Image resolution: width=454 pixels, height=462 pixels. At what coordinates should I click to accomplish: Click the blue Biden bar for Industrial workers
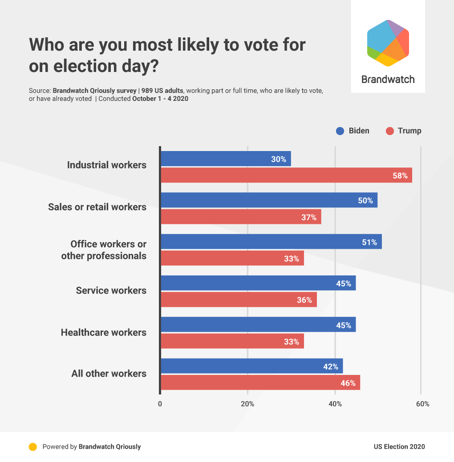tap(226, 159)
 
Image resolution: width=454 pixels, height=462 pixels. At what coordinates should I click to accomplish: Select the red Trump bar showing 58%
tap(286, 175)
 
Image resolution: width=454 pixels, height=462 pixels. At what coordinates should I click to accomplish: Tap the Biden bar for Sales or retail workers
tap(269, 200)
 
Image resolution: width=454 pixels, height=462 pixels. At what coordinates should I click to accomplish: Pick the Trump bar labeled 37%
tap(241, 217)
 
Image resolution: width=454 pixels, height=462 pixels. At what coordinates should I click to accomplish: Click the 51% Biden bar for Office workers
tap(271, 242)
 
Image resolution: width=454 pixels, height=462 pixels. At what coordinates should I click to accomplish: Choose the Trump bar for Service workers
tap(239, 300)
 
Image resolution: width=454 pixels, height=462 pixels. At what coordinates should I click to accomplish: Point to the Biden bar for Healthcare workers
tap(258, 325)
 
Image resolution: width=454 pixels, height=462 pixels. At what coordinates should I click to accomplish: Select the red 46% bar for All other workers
tap(260, 382)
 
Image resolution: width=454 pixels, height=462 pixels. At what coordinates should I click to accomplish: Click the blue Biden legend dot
tap(340, 131)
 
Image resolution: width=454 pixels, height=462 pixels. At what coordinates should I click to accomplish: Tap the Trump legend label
tap(409, 131)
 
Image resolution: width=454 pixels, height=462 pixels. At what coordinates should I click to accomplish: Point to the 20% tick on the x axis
tap(247, 404)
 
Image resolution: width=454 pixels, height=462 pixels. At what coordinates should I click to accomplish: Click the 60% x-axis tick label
tap(422, 404)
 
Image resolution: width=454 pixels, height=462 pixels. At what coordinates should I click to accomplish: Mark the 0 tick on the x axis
tap(160, 404)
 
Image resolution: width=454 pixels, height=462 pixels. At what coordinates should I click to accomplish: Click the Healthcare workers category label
tap(104, 332)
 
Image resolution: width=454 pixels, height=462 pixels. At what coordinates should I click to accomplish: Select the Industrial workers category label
tap(107, 165)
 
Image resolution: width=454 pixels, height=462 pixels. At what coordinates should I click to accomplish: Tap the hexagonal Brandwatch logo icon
tap(388, 43)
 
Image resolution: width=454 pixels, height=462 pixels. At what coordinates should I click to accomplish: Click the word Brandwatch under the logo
tap(388, 80)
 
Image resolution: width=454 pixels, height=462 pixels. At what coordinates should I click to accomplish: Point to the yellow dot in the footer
tap(32, 447)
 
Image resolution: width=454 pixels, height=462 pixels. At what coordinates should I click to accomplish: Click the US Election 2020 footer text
tap(399, 447)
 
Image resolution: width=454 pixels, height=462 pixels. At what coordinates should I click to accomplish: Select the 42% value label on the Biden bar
tap(331, 366)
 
